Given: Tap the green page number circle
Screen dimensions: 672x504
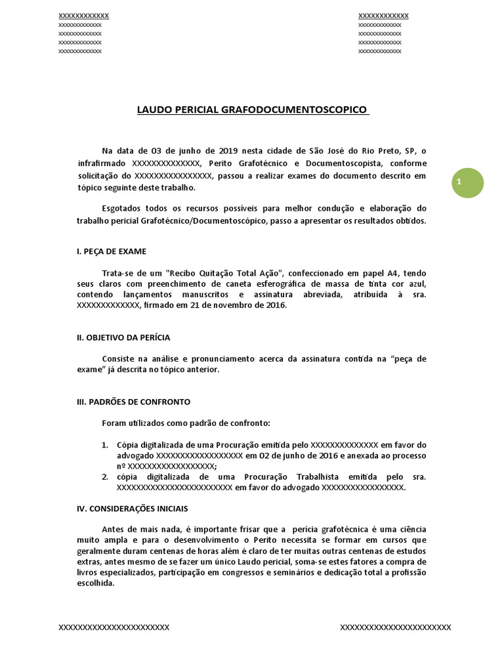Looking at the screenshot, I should tap(467, 183).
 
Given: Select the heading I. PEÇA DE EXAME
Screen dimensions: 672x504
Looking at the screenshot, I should tap(112, 251).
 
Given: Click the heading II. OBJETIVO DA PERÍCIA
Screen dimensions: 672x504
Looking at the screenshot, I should tap(123, 337).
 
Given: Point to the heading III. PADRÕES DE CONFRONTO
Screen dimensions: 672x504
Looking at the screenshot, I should tap(134, 402).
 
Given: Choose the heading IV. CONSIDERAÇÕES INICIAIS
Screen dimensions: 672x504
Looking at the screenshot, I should tap(132, 508).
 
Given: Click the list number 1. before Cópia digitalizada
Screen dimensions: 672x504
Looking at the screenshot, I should tap(105, 444).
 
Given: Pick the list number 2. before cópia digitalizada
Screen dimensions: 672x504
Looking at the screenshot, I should tap(105, 476).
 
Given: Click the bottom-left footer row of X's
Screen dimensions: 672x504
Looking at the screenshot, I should tap(114, 627).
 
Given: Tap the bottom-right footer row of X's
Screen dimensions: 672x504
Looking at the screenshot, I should tap(395, 627).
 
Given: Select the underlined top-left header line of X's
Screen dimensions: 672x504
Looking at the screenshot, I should tap(83, 16).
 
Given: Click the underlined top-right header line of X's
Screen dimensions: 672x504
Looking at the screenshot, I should tap(383, 16).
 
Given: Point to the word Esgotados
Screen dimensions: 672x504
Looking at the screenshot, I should tap(123, 209).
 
